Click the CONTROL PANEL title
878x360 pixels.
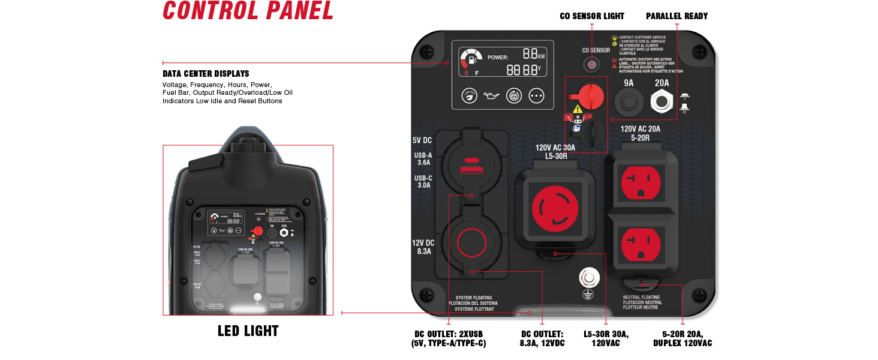click(x=248, y=11)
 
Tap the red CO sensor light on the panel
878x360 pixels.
click(x=592, y=64)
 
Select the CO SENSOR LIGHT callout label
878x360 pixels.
click(x=591, y=16)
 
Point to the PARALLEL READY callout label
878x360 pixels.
click(x=676, y=16)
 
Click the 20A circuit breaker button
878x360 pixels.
click(x=662, y=103)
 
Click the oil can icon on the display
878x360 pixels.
click(x=492, y=96)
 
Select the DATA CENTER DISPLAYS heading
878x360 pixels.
click(x=206, y=74)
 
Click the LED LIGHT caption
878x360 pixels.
click(x=248, y=331)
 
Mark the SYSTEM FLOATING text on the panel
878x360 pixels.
click(x=473, y=298)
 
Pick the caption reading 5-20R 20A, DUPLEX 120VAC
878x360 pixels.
click(x=682, y=339)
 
